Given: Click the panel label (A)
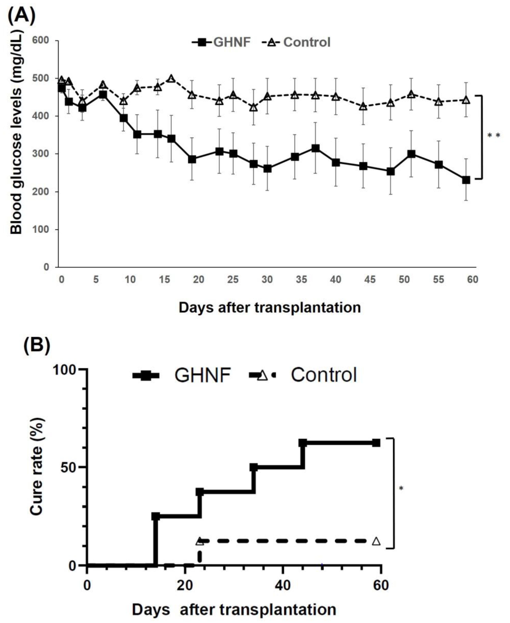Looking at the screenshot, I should [21, 15].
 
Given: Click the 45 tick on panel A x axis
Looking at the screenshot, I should [370, 279].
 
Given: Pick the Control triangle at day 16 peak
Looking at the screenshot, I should [171, 79].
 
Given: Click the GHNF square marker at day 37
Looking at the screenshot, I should [316, 148].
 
